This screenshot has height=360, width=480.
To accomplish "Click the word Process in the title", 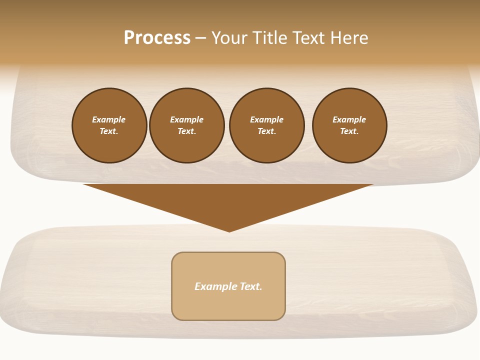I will pos(157,38).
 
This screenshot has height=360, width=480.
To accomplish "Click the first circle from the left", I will pos(109,125).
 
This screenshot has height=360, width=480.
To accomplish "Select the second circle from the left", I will pos(187,125).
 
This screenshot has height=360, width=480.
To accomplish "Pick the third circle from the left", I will pos(267,125).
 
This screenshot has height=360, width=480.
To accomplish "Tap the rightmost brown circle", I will pos(349,125).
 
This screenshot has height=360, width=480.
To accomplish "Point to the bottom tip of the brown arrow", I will pos(229,231).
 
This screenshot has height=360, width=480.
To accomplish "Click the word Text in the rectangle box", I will pos(251,286).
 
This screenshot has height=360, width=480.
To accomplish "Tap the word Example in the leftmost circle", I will pos(109,119).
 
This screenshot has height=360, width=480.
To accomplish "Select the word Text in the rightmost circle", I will pos(349,131).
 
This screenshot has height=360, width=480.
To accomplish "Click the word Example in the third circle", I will pos(267,119).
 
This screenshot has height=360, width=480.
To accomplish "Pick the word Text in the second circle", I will pos(186,131).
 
